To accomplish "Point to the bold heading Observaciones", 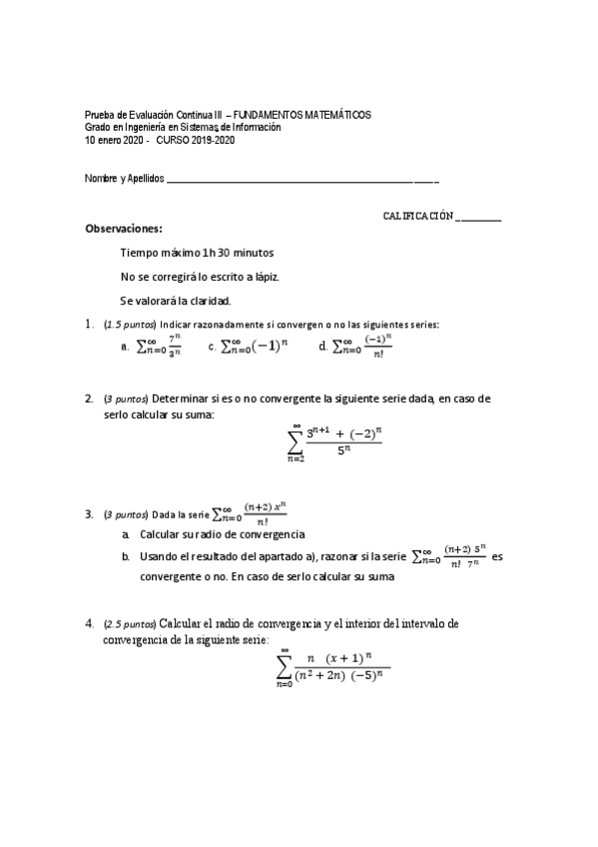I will [x=124, y=229].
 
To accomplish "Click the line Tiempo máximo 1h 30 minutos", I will [x=197, y=253].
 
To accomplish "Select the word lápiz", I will [x=262, y=276].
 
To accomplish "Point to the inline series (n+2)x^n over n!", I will [x=250, y=513].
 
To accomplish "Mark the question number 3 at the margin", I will [x=90, y=514].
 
